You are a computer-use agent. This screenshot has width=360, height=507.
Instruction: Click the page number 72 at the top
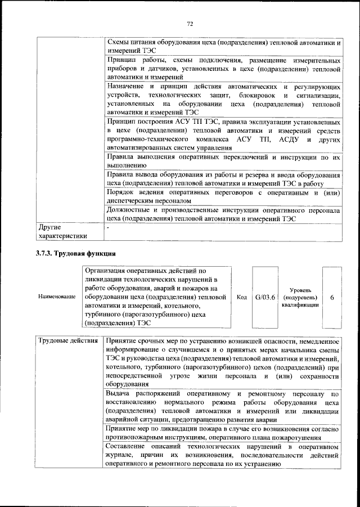point(190,23)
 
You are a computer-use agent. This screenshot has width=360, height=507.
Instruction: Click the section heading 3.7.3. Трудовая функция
point(76,253)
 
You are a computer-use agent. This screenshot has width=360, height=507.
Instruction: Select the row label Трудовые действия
point(68,342)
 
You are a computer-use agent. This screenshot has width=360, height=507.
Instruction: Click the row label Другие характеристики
point(62,232)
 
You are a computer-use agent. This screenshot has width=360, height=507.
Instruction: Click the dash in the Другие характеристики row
point(108,228)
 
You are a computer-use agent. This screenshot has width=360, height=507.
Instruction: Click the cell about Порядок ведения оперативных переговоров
point(223,195)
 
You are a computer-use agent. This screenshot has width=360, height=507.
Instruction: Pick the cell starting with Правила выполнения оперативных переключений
point(223,161)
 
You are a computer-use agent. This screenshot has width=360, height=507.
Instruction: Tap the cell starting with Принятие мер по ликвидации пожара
point(223,433)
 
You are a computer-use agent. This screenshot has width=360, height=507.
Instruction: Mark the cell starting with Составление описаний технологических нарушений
point(223,455)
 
